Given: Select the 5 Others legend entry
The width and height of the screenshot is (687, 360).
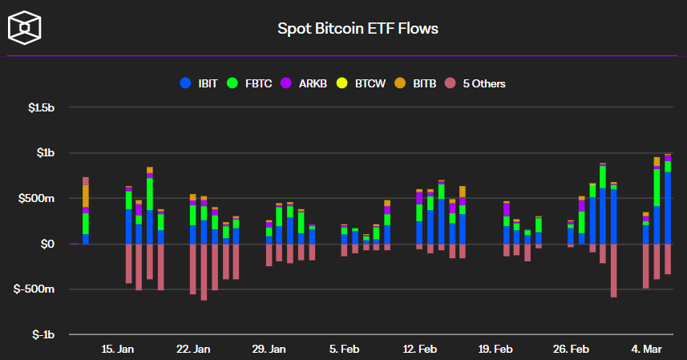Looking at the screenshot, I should pyautogui.click(x=477, y=83).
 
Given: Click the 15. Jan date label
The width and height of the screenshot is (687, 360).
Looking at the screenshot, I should pyautogui.click(x=118, y=349).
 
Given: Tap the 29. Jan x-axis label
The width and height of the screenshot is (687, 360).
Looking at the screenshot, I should pyautogui.click(x=269, y=349).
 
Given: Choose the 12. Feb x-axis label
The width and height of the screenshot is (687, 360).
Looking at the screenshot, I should pyautogui.click(x=419, y=349).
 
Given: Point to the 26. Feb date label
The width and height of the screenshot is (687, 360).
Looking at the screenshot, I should pyautogui.click(x=571, y=349).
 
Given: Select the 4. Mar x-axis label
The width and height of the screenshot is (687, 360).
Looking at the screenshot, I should pyautogui.click(x=647, y=349).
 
